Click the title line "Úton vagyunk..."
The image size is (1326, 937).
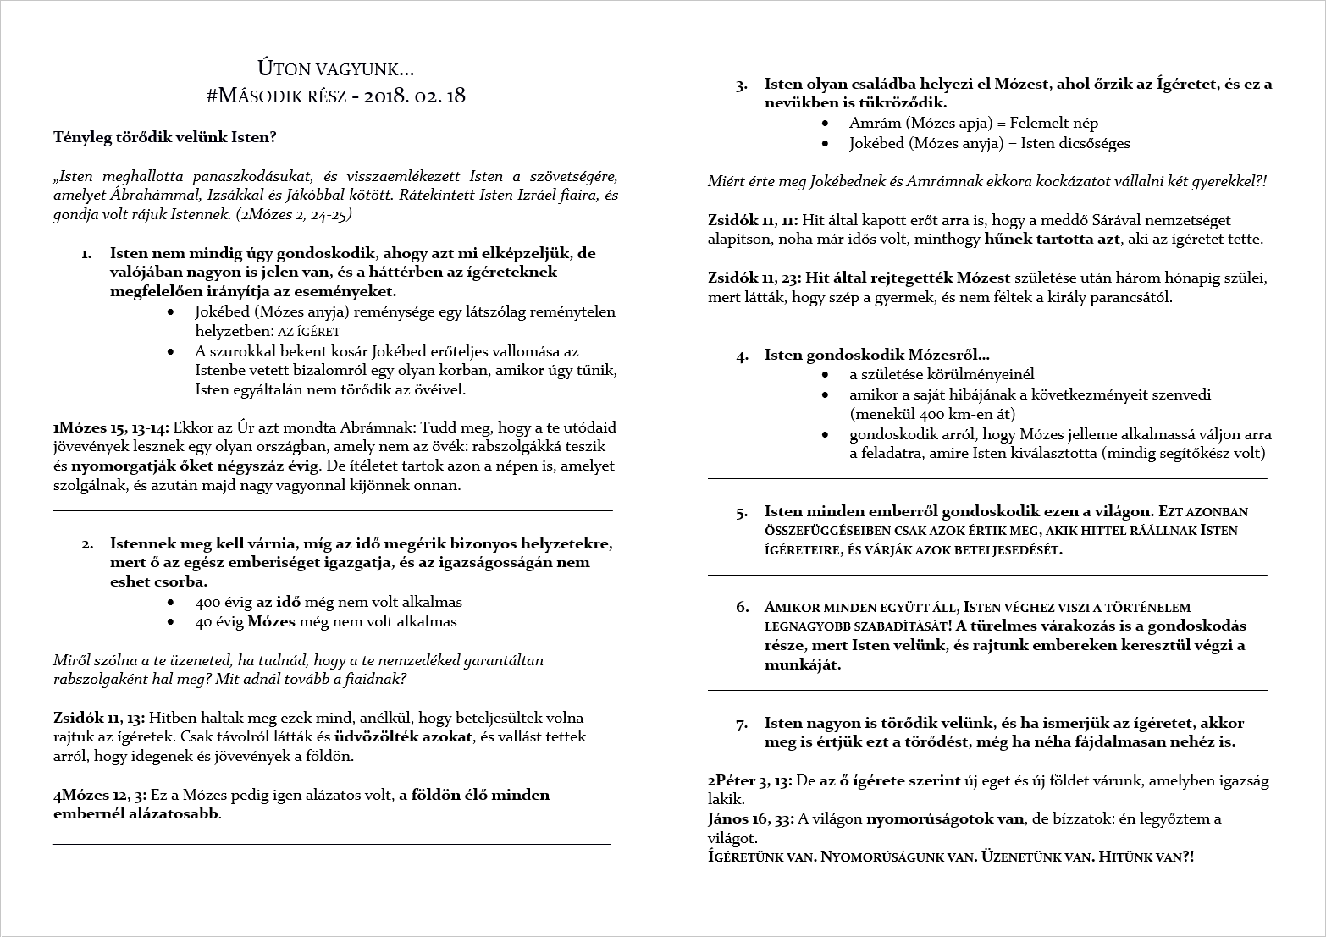click(x=335, y=69)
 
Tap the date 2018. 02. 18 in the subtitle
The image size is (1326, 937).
click(x=414, y=96)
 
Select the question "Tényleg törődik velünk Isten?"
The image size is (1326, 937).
click(x=164, y=137)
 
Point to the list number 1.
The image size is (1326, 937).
click(x=86, y=254)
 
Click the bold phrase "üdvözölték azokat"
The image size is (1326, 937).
click(x=403, y=736)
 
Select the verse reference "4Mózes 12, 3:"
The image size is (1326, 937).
click(x=100, y=795)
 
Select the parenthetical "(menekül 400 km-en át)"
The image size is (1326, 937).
click(x=932, y=414)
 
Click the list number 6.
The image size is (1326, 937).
click(x=743, y=607)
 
